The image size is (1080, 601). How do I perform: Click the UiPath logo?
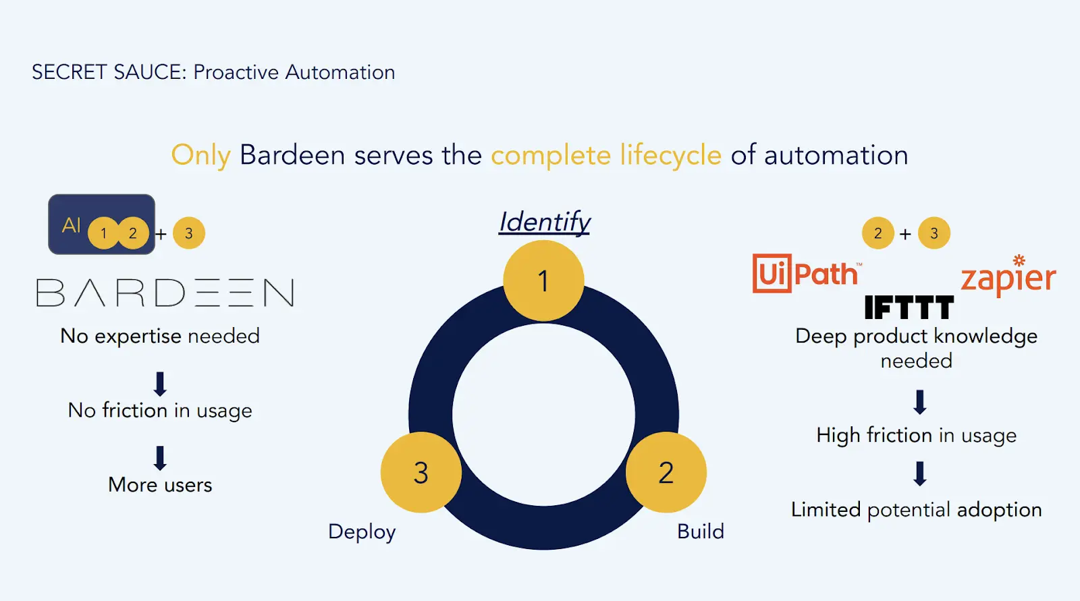point(806,274)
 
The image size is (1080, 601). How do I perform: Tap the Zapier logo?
point(1008,277)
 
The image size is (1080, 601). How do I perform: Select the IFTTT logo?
point(909,308)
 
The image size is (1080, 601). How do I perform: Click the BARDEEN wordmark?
point(165,293)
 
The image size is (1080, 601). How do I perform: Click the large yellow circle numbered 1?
point(543,281)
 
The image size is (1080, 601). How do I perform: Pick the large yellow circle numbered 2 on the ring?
point(666,472)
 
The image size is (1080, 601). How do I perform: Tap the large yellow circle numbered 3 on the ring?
point(421,472)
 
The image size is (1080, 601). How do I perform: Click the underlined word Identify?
point(544,222)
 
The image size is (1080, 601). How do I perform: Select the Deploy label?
point(362,532)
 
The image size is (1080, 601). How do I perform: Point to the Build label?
point(700,532)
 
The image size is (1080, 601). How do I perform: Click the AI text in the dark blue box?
point(71,225)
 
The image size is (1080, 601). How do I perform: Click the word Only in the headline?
point(200,155)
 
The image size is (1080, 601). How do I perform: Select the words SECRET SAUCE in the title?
point(109,72)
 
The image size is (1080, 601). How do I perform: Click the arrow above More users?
point(160,457)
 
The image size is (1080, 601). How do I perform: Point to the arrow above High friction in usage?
point(919,402)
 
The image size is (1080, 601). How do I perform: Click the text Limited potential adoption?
point(916,510)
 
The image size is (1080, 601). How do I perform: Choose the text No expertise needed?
point(160,336)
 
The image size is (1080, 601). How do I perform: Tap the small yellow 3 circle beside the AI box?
point(189,233)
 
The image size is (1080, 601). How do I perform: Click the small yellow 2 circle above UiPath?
point(878,233)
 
